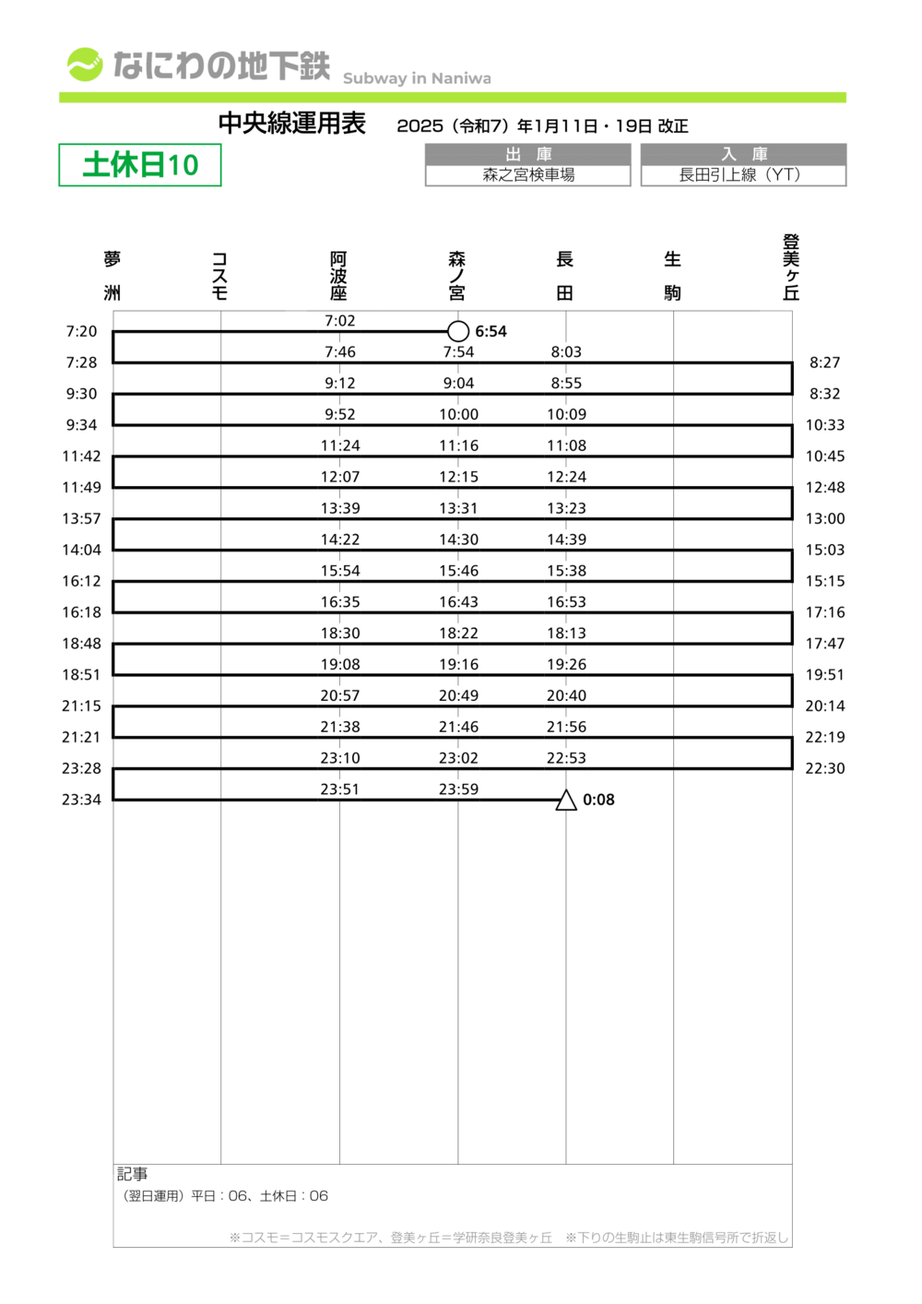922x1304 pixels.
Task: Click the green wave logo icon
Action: pos(84,65)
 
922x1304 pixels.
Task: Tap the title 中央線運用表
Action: pos(292,124)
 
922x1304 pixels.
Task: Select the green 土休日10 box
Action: pos(140,165)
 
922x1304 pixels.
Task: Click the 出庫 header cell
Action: pos(527,154)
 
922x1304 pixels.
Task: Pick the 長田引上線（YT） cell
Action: pos(742,175)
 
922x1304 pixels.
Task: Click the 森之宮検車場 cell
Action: pos(527,175)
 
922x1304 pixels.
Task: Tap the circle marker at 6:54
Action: pos(458,331)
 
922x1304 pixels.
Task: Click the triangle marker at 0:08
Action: pos(566,800)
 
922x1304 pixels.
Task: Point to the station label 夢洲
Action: pos(112,275)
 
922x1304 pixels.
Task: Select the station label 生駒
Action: pos(672,275)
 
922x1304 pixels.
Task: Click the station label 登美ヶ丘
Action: pos(790,267)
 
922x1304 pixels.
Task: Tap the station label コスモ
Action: pos(219,276)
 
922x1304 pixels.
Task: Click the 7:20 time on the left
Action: pos(81,331)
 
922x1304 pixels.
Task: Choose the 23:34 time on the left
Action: pos(81,800)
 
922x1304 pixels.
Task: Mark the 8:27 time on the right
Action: pos(824,362)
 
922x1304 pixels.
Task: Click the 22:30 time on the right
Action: pos(824,768)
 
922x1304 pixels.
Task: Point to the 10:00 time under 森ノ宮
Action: pos(458,415)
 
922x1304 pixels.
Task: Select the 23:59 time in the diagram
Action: pos(458,789)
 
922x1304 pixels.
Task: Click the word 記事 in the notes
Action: pos(132,1174)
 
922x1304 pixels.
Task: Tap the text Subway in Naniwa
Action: pos(417,78)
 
